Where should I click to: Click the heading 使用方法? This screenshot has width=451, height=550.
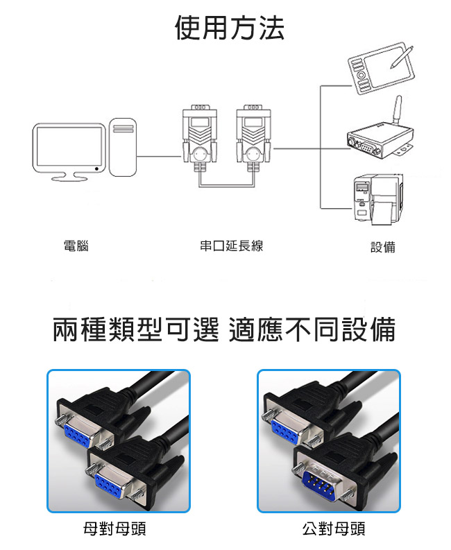[229, 28]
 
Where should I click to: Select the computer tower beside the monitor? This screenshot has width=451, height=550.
[123, 147]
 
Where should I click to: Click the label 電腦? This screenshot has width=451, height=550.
[76, 246]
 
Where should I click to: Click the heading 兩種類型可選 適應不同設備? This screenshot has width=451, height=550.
[224, 329]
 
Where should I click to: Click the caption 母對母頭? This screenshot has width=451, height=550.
[114, 529]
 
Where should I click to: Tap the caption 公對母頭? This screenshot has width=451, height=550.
[334, 529]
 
